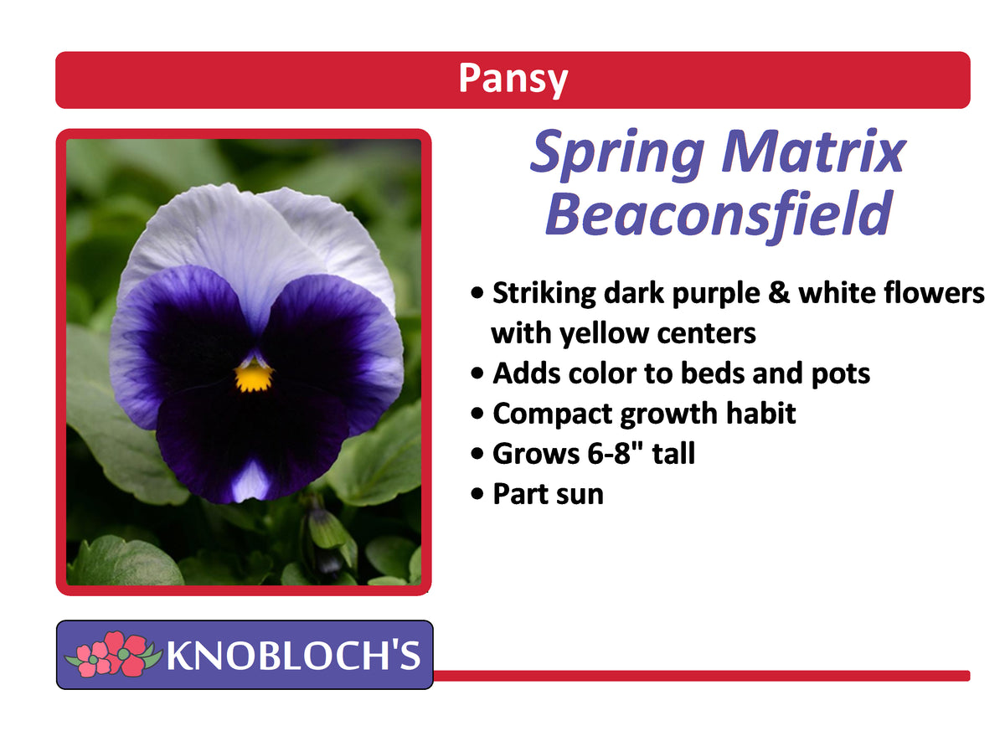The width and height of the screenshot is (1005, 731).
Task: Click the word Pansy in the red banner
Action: (513, 80)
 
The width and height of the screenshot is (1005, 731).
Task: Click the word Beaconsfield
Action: (717, 214)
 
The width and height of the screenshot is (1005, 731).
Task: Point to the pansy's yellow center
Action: (252, 377)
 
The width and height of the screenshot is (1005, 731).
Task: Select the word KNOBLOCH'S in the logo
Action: (293, 656)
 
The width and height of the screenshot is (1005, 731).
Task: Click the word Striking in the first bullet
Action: (545, 294)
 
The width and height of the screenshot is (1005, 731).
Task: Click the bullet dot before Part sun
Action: (477, 494)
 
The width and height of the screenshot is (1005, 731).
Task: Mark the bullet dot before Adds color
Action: (477, 374)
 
